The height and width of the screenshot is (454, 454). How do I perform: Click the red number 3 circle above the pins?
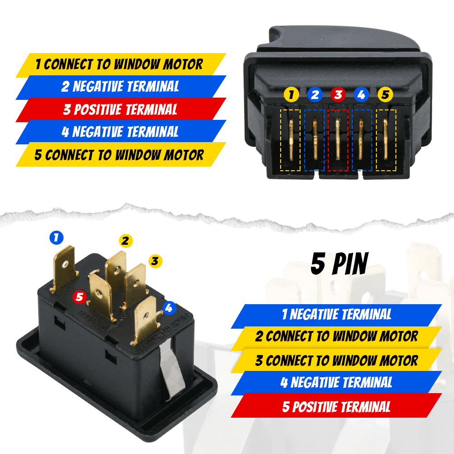(338, 95)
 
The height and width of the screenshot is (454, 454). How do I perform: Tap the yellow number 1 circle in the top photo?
(291, 95)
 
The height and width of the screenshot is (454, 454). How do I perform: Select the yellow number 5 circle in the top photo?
(385, 95)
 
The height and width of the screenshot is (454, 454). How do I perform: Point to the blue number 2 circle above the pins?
(315, 95)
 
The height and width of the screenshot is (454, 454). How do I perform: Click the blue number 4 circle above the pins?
(361, 95)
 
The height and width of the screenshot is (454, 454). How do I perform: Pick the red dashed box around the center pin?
(338, 140)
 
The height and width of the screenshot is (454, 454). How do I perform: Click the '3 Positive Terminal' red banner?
(120, 109)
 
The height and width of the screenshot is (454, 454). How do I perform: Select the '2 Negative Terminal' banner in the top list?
(120, 87)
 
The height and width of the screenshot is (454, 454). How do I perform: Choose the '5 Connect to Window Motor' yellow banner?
(120, 154)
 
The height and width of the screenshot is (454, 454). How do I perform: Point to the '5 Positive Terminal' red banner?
(336, 406)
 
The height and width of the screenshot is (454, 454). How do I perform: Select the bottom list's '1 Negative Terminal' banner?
(336, 314)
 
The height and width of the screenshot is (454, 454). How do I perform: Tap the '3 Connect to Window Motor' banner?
(336, 361)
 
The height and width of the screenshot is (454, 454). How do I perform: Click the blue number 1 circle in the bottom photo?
(56, 237)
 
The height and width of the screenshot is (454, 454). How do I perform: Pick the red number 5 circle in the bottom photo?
(80, 297)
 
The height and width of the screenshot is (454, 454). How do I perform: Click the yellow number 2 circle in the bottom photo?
(126, 241)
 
